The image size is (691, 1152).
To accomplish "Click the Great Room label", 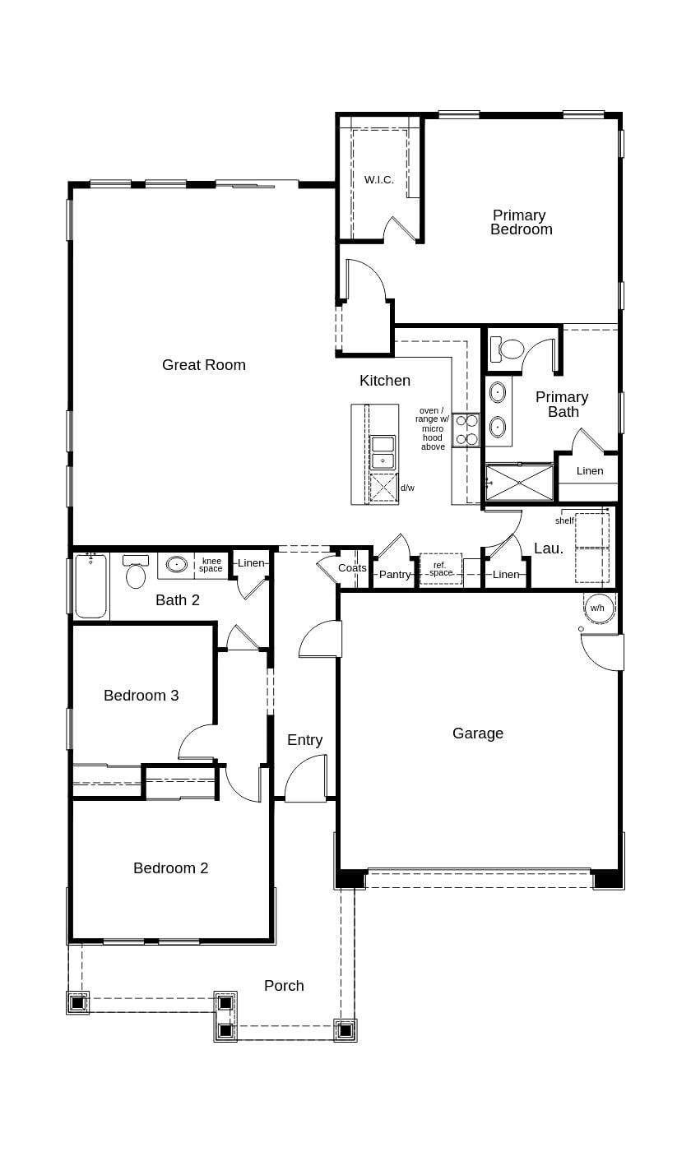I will click(203, 365).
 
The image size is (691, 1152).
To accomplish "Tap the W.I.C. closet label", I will click(379, 179).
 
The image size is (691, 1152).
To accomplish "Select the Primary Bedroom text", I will click(520, 222).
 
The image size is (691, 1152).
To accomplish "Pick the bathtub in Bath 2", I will click(90, 585).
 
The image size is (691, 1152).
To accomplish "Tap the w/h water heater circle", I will click(597, 608).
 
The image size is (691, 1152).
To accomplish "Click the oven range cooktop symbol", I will click(466, 429).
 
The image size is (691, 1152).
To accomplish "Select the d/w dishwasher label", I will click(407, 488).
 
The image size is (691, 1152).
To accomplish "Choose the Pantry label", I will click(395, 574).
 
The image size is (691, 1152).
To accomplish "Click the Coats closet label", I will click(352, 568).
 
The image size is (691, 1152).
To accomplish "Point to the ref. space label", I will click(440, 569).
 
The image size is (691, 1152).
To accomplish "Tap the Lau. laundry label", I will click(549, 548).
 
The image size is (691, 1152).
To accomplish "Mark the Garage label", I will click(478, 733).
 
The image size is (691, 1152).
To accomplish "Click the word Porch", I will click(284, 985).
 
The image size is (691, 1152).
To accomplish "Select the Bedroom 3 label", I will click(141, 696).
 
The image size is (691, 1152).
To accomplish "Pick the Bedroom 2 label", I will click(170, 868).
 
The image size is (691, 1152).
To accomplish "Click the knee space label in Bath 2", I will click(211, 565).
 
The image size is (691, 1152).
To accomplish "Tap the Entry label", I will click(304, 740).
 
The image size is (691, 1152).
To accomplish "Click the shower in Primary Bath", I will click(520, 483).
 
